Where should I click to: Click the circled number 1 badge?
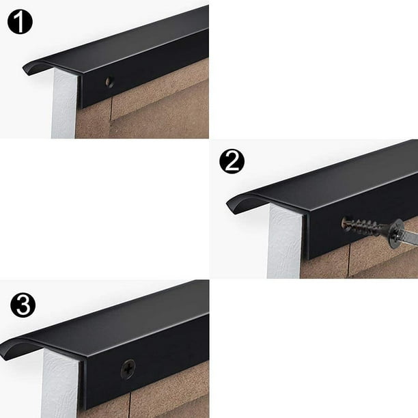pyautogui.click(x=20, y=22)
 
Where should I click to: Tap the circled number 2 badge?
pyautogui.click(x=232, y=163)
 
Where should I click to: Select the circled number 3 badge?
pyautogui.click(x=23, y=304)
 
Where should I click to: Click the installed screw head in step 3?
pyautogui.click(x=128, y=368)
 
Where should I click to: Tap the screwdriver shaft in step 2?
pyautogui.click(x=407, y=237)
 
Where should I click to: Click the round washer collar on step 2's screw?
pyautogui.click(x=394, y=233)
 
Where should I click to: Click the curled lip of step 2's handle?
pyautogui.click(x=236, y=204)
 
